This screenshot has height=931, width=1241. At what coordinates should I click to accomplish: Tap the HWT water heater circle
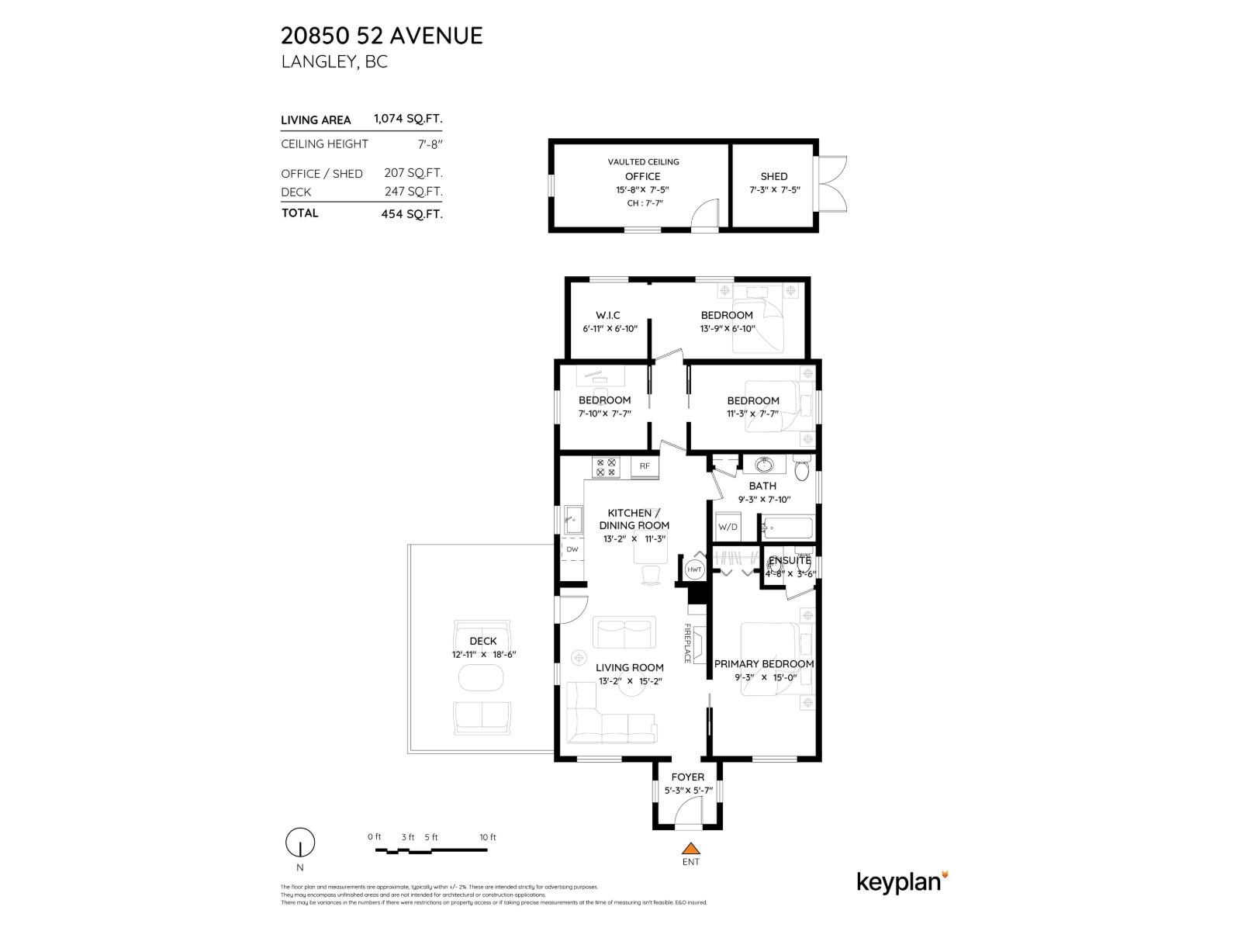(x=694, y=569)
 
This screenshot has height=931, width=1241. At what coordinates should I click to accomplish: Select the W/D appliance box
(x=728, y=527)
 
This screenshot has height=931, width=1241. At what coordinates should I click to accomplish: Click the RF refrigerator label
(x=645, y=466)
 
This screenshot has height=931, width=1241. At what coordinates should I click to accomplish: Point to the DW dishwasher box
(x=572, y=549)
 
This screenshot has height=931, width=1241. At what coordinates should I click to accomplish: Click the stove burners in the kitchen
(x=606, y=467)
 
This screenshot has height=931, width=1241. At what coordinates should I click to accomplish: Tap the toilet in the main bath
(x=802, y=469)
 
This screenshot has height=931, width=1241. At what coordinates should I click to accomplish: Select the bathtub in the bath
(x=787, y=528)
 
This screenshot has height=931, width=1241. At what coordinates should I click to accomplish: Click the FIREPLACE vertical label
(x=687, y=643)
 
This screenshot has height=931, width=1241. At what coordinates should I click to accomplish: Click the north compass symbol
(x=300, y=842)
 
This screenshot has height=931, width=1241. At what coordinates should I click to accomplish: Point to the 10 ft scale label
(x=487, y=837)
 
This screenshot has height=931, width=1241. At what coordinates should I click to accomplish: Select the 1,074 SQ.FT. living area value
(x=408, y=119)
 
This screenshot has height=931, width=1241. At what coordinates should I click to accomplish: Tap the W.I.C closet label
(x=607, y=315)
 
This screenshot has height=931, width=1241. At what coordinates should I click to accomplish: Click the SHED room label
(x=773, y=176)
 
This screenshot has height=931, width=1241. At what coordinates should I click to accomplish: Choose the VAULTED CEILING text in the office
(x=643, y=162)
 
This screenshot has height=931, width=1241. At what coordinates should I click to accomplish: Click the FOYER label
(x=688, y=777)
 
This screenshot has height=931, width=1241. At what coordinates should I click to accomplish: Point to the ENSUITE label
(x=790, y=560)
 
